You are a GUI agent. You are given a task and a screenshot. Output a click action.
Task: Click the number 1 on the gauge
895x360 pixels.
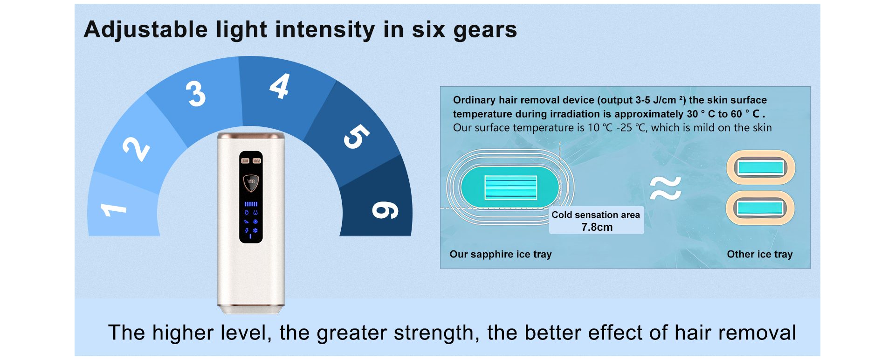click(113, 209)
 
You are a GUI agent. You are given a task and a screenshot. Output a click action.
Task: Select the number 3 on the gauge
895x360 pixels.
click(196, 93)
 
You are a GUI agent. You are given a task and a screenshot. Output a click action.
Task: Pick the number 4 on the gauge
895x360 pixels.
click(280, 86)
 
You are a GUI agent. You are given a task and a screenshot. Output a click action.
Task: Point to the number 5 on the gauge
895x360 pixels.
click(356, 136)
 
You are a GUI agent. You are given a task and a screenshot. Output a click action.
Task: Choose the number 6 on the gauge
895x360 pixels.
click(385, 210)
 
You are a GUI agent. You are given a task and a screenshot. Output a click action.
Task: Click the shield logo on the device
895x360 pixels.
click(251, 183)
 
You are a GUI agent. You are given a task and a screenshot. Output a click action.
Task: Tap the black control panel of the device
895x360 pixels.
click(251, 197)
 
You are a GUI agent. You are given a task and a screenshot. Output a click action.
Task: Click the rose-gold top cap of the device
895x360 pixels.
click(251, 136)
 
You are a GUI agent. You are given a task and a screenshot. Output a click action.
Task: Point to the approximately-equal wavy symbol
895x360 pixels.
click(666, 188)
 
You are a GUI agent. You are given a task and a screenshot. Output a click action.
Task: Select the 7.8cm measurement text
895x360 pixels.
click(597, 227)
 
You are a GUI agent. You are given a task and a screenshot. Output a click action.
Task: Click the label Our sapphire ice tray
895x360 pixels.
click(501, 254)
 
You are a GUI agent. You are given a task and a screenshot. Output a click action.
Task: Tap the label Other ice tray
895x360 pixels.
click(760, 254)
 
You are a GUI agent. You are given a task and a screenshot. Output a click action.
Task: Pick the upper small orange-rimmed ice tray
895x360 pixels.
click(761, 167)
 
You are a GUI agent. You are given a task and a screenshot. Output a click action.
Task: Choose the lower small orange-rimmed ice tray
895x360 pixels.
click(760, 208)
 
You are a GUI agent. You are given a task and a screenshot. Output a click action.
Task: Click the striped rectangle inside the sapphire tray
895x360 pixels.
click(511, 187)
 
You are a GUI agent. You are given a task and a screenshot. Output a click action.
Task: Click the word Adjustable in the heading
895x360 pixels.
click(146, 30)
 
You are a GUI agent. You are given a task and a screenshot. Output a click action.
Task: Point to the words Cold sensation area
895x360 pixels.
click(596, 215)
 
